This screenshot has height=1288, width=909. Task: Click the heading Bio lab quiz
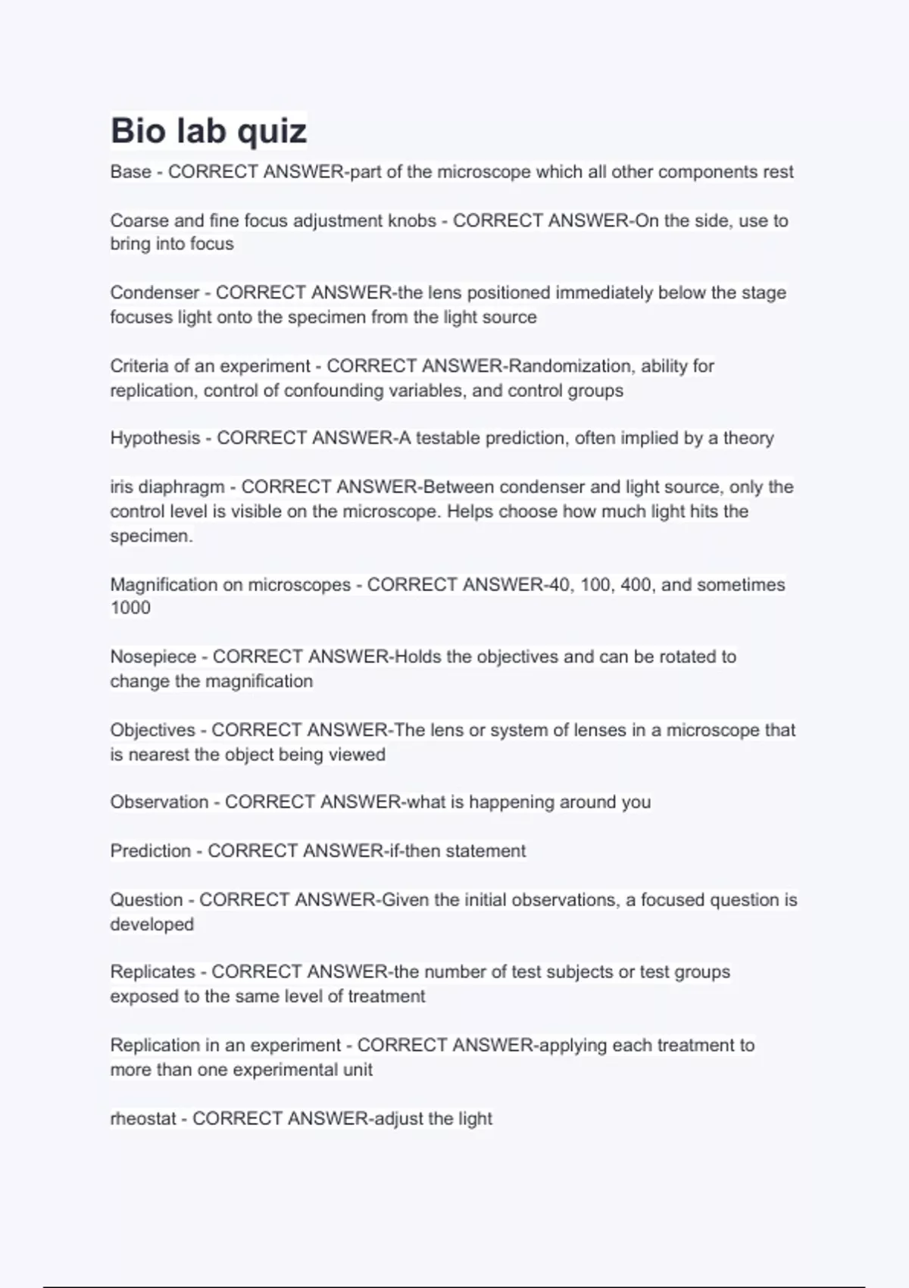[208, 130]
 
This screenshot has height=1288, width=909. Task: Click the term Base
[130, 172]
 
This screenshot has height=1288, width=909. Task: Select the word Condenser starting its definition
[155, 292]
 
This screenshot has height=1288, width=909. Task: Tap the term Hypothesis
[155, 438]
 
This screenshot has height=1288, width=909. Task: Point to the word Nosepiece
[153, 656]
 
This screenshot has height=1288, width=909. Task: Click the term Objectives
[152, 730]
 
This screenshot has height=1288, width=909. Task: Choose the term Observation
[159, 802]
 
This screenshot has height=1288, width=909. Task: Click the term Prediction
[150, 851]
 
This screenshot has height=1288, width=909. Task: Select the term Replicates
[152, 971]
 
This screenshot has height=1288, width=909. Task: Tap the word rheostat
[143, 1118]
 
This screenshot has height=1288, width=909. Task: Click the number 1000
[130, 608]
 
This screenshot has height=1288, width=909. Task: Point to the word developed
[151, 924]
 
